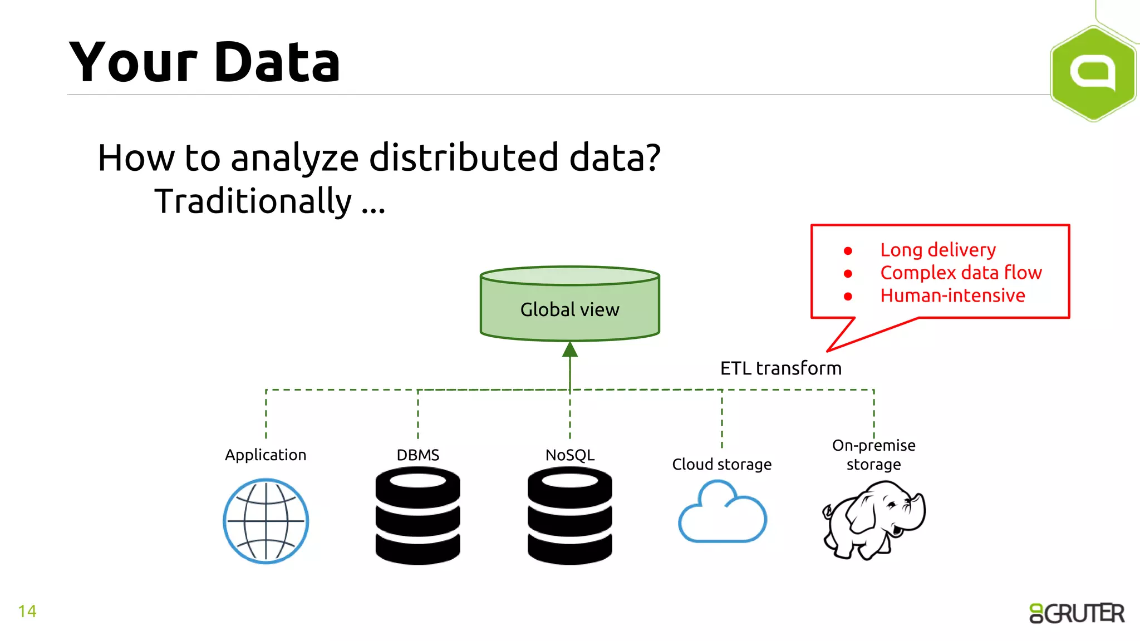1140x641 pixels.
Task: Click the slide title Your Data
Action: (204, 62)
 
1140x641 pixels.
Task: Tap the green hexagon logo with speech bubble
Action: (1093, 73)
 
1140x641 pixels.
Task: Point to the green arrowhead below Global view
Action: (570, 349)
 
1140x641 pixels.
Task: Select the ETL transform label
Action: (780, 368)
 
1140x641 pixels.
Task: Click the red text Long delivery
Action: (938, 250)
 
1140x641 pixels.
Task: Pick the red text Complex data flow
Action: (961, 273)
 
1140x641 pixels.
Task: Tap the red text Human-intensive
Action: (952, 295)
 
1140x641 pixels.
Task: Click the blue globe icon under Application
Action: (266, 521)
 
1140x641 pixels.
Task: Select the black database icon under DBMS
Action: (418, 516)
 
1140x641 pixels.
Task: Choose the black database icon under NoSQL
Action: (570, 516)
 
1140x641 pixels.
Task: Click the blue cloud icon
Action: (722, 512)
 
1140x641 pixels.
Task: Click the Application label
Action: (266, 455)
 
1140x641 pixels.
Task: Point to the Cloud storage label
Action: (721, 464)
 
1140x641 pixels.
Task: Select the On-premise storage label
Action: (873, 455)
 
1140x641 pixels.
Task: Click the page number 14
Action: (27, 612)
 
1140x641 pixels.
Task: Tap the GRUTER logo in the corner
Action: (1077, 613)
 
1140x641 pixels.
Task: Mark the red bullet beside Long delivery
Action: (848, 251)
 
